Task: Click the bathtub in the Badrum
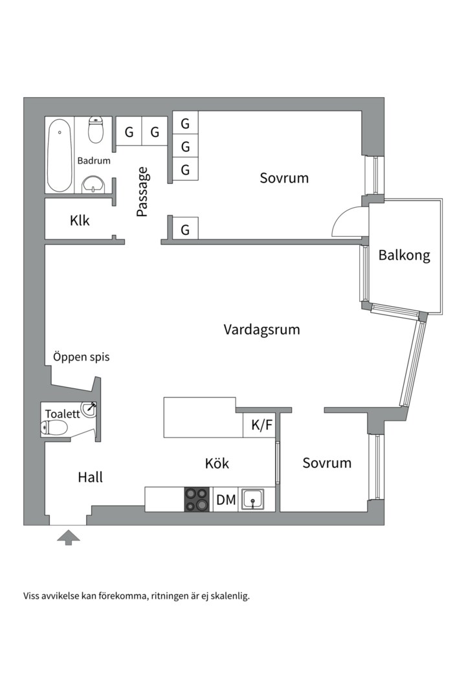60,154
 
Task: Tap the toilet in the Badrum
96,129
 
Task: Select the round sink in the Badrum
95,183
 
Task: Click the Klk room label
80,221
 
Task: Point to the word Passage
142,192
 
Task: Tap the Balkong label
404,255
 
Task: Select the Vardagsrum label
261,329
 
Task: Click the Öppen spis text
81,357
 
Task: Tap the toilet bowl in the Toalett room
55,427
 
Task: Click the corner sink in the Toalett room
89,409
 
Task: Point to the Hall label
90,478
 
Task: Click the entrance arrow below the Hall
69,537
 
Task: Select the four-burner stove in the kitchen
197,500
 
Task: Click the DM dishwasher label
225,500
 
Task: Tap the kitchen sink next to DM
252,499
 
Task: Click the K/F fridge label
261,425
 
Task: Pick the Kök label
217,463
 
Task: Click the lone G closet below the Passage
185,229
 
